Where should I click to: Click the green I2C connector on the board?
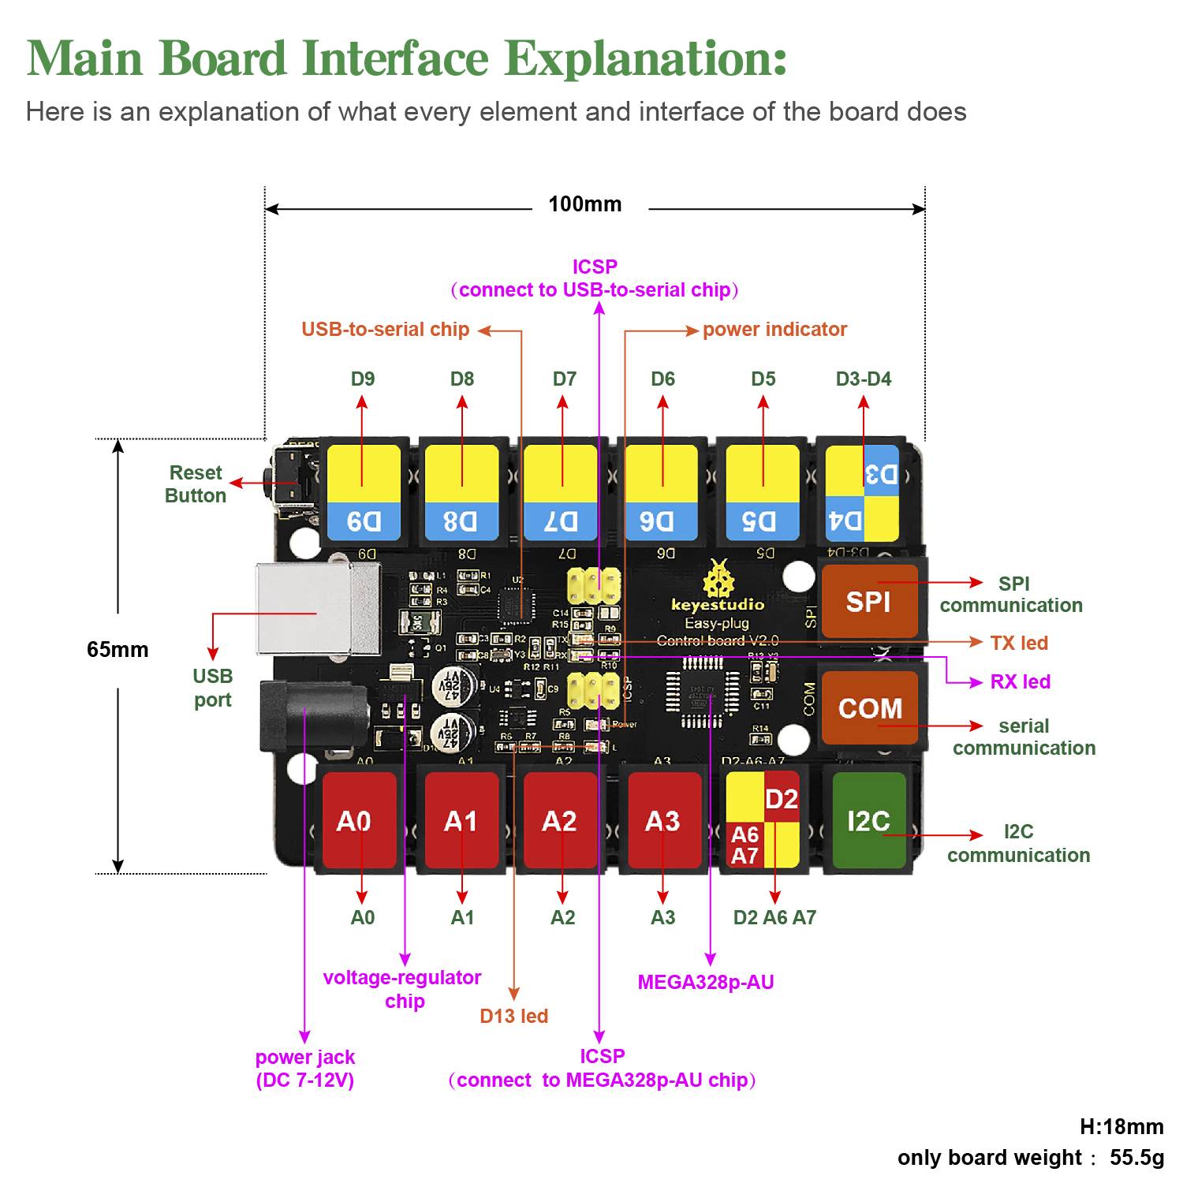[x=868, y=820]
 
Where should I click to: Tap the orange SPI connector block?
[x=868, y=601]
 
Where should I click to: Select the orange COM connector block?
[x=869, y=707]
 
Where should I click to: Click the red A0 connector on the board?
[x=360, y=820]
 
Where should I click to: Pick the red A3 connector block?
[x=662, y=820]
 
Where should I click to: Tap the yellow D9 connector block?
[x=364, y=492]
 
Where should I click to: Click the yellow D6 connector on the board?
[x=661, y=492]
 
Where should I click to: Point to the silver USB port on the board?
[x=315, y=608]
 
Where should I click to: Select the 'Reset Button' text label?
[x=196, y=484]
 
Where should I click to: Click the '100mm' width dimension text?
[x=585, y=204]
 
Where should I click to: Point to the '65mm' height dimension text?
[x=118, y=650]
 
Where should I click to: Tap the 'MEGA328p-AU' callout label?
[x=706, y=983]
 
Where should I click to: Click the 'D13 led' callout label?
[x=513, y=1016]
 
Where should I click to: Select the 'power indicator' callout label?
[x=774, y=330]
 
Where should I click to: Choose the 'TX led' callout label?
[x=1019, y=643]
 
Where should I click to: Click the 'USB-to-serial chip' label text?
[x=385, y=330]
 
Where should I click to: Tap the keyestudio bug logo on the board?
[x=717, y=580]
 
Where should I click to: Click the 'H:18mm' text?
[x=1121, y=1127]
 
